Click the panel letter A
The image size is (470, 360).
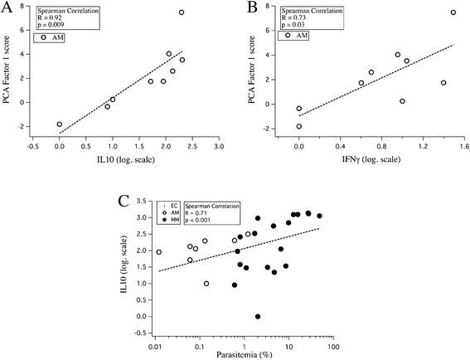click(9, 9)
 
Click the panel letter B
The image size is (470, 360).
click(249, 9)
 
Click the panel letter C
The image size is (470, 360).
click(122, 200)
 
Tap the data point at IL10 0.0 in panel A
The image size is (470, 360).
click(59, 124)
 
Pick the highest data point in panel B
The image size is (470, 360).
click(453, 12)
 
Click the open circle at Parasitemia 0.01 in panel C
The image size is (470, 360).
click(158, 252)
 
